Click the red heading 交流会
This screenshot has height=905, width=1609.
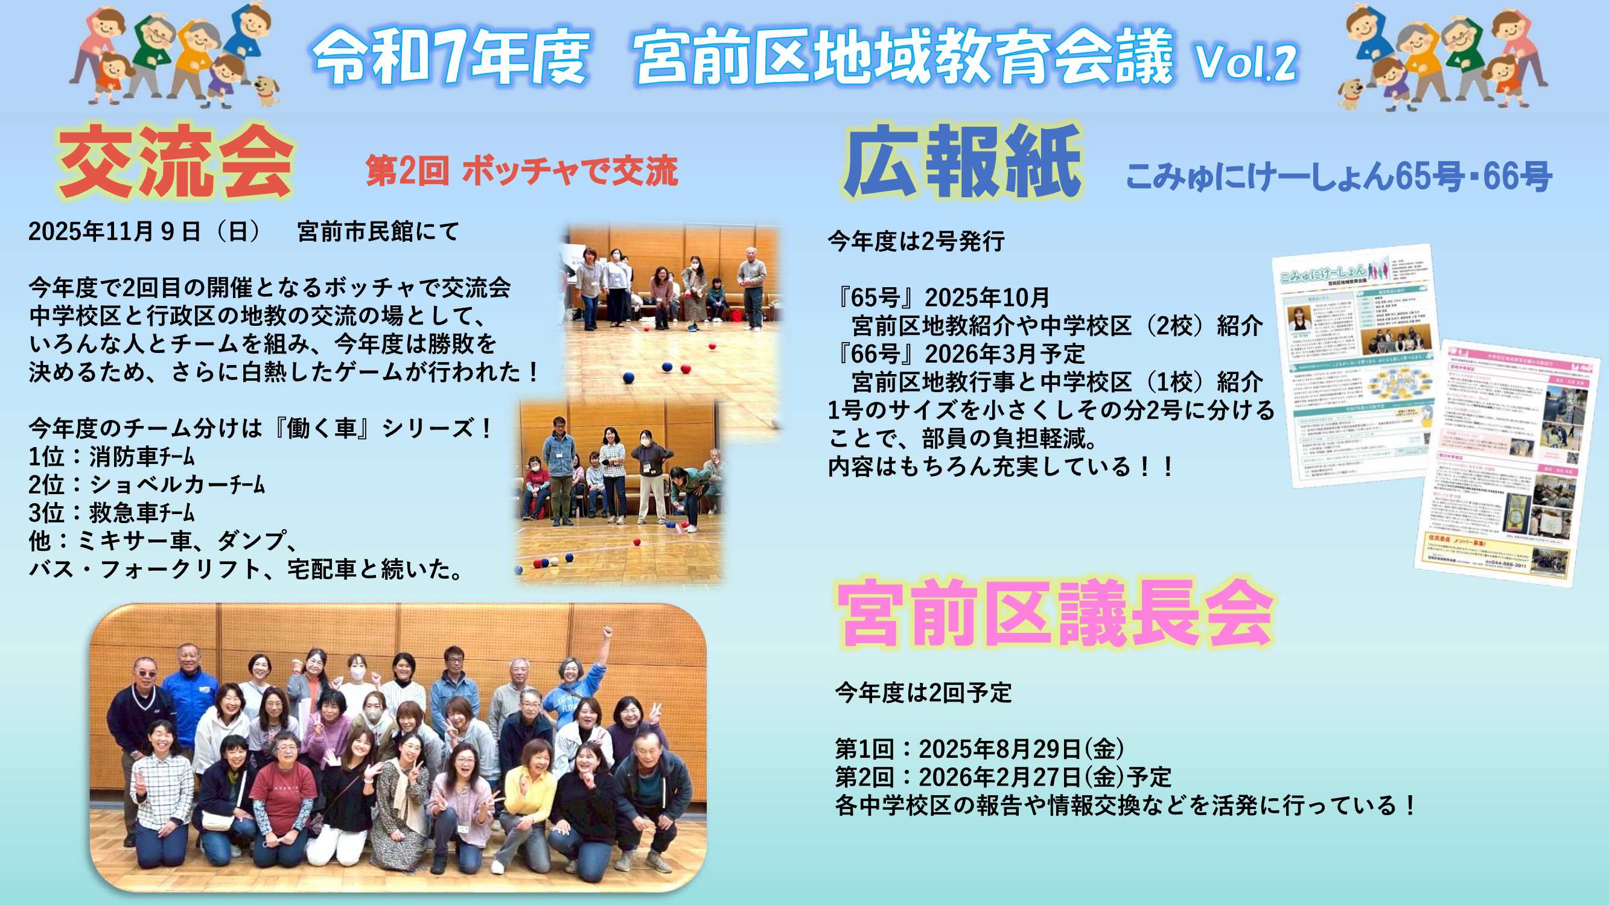click(175, 162)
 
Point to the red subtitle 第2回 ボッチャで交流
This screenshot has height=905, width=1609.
click(521, 171)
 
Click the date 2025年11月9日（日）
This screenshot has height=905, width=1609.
click(145, 232)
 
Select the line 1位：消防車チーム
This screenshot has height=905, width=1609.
click(112, 457)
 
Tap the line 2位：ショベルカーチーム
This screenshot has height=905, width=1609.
click(147, 484)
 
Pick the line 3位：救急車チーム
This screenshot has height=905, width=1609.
click(112, 513)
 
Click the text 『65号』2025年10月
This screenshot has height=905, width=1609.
click(940, 297)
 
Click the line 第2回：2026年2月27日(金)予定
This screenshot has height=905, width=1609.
click(1003, 776)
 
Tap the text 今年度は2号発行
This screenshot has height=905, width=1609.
click(916, 241)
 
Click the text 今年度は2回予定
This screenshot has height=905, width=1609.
click(923, 693)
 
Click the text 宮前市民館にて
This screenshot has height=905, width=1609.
click(378, 232)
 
